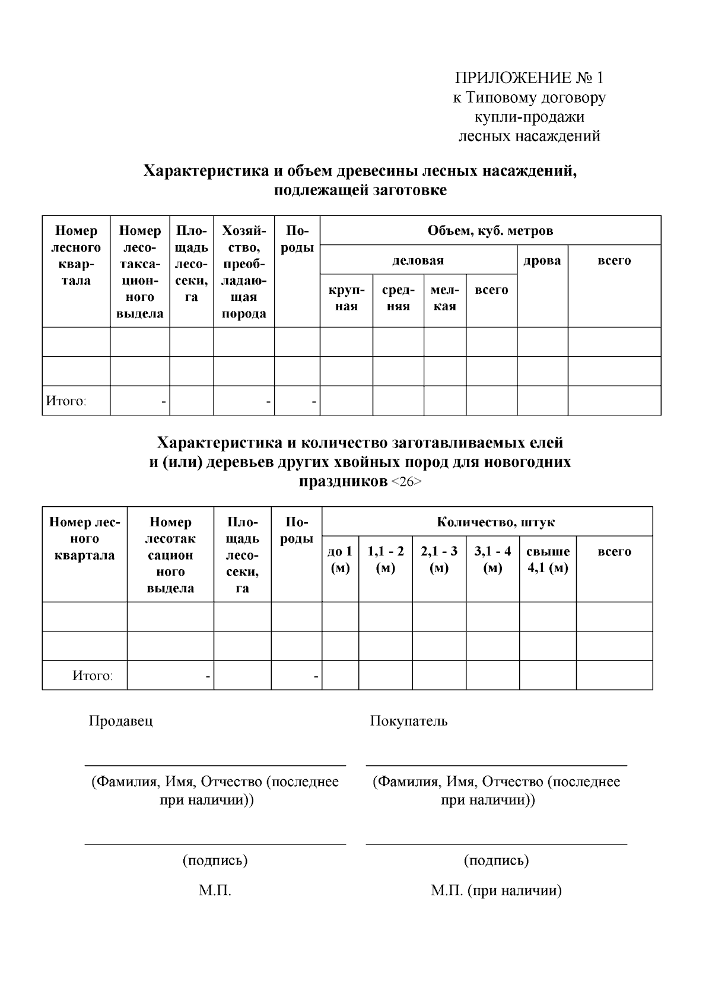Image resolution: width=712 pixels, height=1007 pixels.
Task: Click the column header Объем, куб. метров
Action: pos(490,231)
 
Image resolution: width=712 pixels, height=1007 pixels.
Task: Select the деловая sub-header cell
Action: pos(418,260)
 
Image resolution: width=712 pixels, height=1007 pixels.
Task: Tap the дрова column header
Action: pos(542,260)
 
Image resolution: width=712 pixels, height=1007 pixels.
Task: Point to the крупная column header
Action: pos(346,298)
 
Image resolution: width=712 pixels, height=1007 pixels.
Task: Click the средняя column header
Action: pos(398,298)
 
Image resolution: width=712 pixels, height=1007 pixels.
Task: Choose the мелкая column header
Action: pos(444,298)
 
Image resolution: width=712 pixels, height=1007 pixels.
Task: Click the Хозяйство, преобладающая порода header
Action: pos(244,271)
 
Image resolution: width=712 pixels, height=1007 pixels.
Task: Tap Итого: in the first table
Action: pos(66,401)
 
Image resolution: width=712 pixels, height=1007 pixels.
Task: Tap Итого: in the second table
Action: pos(92,676)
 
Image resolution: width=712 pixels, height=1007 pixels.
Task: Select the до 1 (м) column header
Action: pos(340,560)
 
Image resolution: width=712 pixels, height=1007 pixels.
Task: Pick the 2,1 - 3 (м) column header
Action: pos(439,560)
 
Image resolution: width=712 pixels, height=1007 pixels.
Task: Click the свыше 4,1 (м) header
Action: pos(548,560)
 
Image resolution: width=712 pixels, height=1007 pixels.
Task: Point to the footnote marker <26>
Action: pos(406,482)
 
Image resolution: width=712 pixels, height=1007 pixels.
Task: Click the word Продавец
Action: pos(120,721)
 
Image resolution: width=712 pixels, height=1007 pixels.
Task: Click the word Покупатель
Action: pos(409,721)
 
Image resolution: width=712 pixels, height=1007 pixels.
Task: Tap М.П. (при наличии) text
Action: pos(496,891)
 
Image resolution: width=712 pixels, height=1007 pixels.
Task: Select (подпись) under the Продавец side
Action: pos(215,860)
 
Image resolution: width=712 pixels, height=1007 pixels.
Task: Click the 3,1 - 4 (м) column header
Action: pos(492,560)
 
